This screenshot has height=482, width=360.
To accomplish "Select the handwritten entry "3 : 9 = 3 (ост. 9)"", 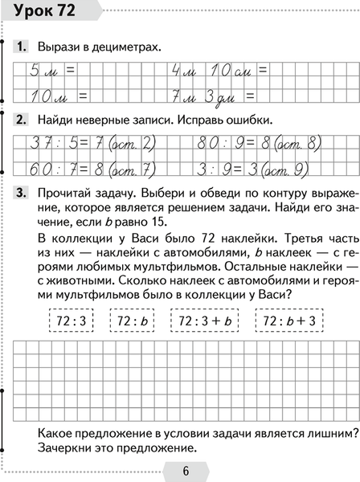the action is tap(255, 169).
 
